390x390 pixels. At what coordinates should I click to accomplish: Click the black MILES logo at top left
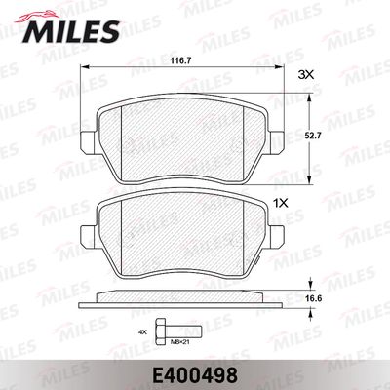coord(71,32)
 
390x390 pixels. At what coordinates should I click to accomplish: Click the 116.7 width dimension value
coord(182,60)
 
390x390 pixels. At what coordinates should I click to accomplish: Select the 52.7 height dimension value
coord(314,136)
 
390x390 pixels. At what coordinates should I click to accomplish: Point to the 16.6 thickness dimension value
coord(314,298)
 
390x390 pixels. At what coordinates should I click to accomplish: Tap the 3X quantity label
coord(305,75)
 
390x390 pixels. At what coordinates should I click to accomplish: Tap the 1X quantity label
coord(281,204)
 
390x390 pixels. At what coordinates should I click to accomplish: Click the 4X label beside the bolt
coord(142,332)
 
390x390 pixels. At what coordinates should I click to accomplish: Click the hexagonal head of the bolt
coord(160,331)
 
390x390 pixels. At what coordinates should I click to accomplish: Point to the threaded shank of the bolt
coord(183,331)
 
